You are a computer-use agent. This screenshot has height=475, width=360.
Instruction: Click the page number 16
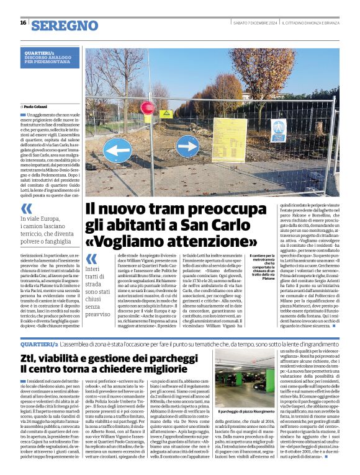[23, 23]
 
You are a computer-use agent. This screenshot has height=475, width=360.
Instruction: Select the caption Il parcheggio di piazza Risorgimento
[249, 412]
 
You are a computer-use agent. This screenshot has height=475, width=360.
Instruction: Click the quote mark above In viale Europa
[27, 210]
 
